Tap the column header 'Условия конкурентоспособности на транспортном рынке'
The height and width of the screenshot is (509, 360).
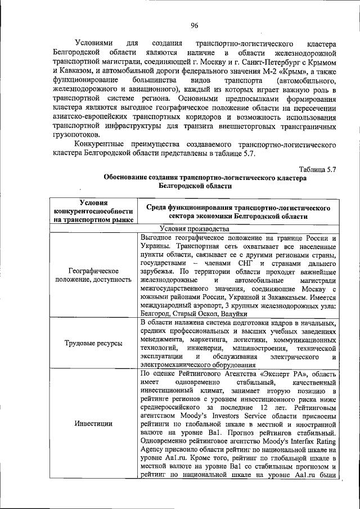pyautogui.click(x=94, y=211)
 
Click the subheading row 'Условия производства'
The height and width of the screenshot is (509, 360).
pyautogui.click(x=194, y=228)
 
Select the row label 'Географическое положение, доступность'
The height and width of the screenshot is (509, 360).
pyautogui.click(x=94, y=275)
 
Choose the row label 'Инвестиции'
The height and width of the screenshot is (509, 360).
pyautogui.click(x=94, y=424)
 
